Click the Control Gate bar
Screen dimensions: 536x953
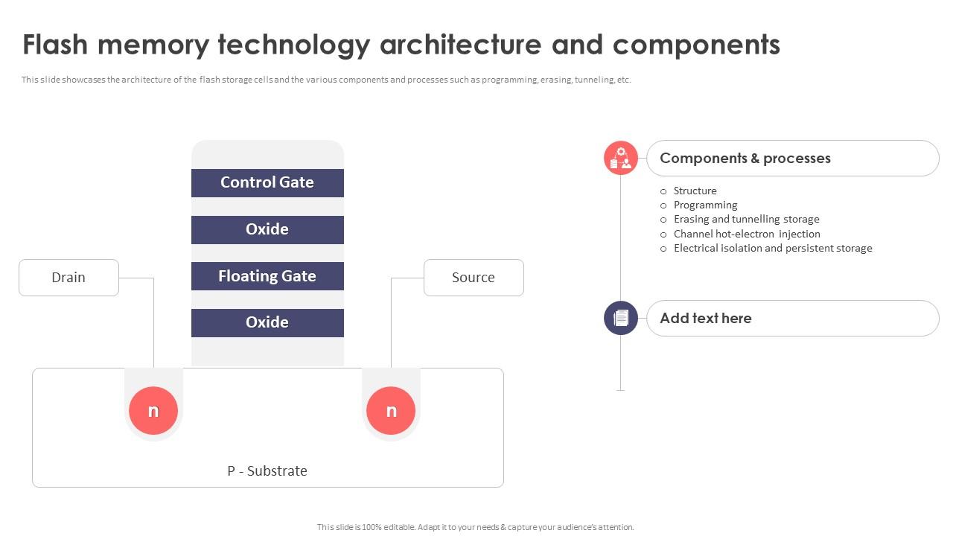coord(267,182)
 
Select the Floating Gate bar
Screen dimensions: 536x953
coord(267,276)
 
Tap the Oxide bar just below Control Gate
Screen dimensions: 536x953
coord(267,229)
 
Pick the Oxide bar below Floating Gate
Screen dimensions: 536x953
coord(267,322)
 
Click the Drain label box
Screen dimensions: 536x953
coord(68,278)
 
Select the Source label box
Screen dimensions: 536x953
coord(474,278)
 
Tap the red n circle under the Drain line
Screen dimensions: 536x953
coord(153,411)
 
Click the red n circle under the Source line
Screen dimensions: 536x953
coord(391,411)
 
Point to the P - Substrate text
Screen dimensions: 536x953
coord(267,470)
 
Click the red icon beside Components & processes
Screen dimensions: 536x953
coord(621,158)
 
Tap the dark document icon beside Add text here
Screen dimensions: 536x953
coord(621,318)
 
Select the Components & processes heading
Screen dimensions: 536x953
coord(745,158)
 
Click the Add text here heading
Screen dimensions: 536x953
coord(706,318)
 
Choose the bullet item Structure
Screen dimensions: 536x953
coord(695,191)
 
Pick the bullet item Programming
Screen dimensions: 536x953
coord(705,205)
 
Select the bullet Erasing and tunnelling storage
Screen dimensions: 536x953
coord(746,219)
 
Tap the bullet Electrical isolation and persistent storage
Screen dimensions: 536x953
coord(773,248)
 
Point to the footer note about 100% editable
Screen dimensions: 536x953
coord(476,527)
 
